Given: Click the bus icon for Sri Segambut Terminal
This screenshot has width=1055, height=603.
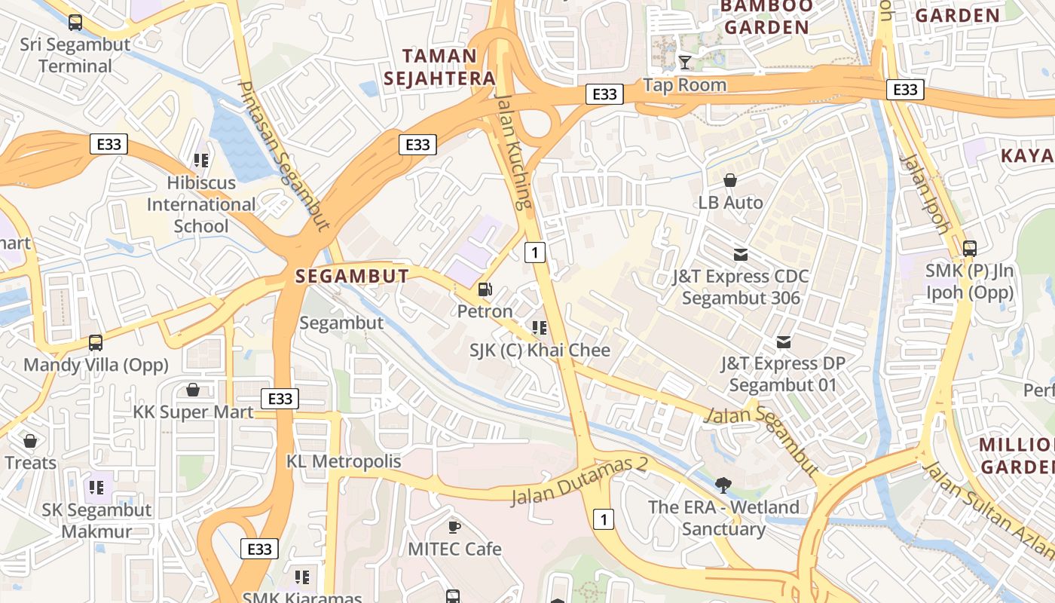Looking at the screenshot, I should click(x=75, y=23).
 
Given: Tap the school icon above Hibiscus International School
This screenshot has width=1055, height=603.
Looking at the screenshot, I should click(x=201, y=161).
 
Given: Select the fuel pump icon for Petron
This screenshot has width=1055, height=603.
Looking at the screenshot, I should click(x=485, y=289).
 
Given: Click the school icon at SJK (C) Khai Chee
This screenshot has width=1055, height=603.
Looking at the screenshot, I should click(x=540, y=328).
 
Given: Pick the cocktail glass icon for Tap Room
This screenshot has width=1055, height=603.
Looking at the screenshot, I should click(x=685, y=63).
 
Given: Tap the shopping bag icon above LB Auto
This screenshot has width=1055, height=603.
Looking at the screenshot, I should click(x=730, y=181).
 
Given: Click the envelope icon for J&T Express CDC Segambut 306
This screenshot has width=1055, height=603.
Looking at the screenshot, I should click(x=741, y=255).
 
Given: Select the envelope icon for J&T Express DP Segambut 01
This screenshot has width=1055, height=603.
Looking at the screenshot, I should click(x=784, y=342).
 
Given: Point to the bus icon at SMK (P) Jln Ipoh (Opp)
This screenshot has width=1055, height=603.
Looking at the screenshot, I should click(x=970, y=249).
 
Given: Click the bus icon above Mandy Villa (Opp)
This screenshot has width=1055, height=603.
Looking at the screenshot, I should click(x=96, y=343).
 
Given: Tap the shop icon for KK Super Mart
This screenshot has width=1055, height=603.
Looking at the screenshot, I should click(x=193, y=390).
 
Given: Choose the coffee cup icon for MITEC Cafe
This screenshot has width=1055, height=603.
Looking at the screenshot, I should click(x=454, y=527).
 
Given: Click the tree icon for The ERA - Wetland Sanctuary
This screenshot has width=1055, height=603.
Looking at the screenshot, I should click(x=723, y=485).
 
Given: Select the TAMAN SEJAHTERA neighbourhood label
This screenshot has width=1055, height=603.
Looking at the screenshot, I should click(x=440, y=67).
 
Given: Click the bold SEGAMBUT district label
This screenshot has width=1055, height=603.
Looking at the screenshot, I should click(x=352, y=277).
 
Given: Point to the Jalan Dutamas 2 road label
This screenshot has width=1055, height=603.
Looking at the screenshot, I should click(x=579, y=482).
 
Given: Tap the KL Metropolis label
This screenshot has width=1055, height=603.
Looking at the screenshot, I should click(x=344, y=461).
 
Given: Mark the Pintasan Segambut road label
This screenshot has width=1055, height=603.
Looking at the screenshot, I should click(x=284, y=155).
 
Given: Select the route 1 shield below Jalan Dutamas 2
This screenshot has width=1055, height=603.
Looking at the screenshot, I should click(x=603, y=519).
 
